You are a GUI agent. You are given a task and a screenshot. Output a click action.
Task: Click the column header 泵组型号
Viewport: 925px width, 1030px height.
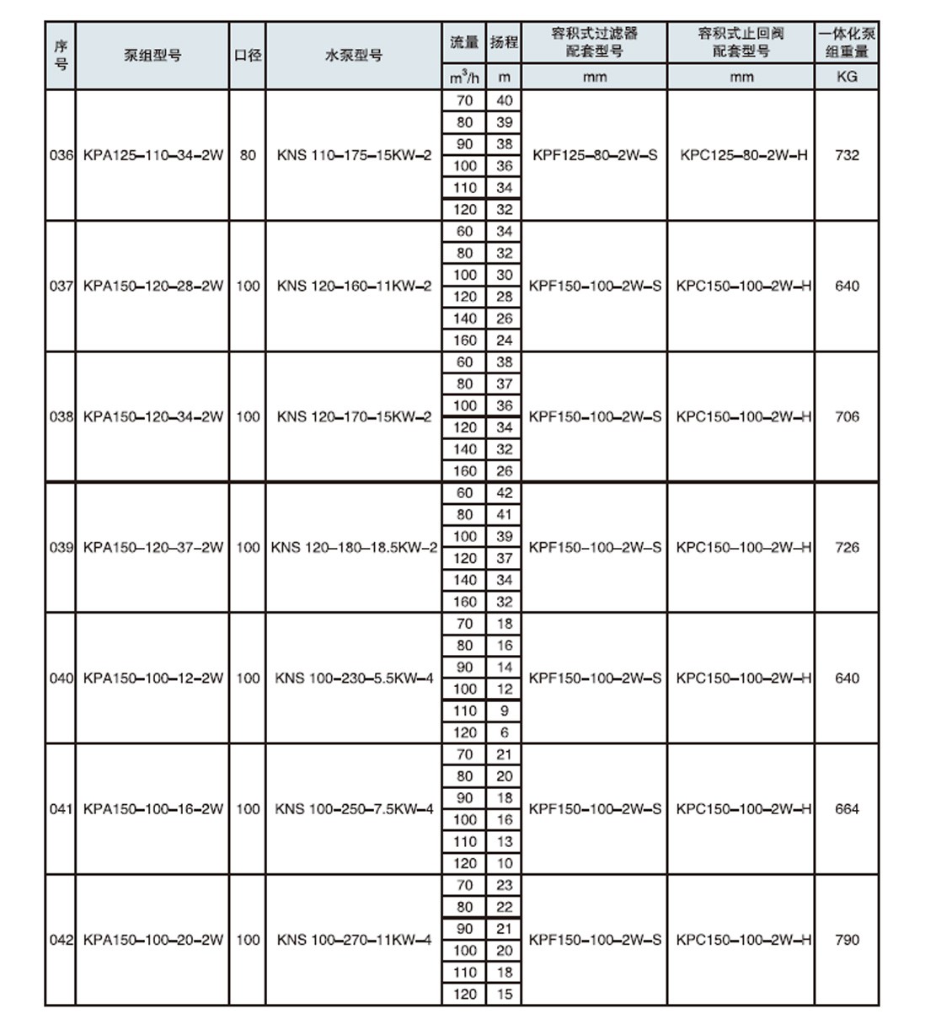point(152,56)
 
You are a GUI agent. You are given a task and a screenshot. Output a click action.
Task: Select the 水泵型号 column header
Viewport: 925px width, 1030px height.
point(354,56)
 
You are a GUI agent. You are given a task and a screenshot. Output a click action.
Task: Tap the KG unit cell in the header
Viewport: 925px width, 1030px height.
point(847,76)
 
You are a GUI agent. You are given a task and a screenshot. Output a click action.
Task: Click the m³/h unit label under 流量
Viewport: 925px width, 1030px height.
point(464,78)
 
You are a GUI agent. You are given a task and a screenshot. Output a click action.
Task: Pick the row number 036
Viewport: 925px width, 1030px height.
point(61,155)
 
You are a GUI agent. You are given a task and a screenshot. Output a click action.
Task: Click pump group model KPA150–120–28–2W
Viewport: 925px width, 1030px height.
point(153,286)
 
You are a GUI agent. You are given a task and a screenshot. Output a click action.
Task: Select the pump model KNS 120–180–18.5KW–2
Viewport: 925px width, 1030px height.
point(354,547)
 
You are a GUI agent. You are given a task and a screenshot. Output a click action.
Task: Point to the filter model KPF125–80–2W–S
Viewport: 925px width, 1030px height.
point(595,155)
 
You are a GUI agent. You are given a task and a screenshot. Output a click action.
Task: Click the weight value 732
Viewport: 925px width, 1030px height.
point(847,155)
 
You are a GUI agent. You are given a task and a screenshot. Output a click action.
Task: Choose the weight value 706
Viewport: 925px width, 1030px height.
point(847,416)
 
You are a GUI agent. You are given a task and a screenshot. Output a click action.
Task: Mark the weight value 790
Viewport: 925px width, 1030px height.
point(847,939)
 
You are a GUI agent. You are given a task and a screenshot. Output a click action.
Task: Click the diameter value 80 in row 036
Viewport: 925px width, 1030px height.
point(248,155)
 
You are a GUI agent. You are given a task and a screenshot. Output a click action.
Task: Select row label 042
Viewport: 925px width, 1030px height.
point(61,939)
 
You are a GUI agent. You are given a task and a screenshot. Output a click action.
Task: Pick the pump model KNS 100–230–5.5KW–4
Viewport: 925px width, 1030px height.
point(354,678)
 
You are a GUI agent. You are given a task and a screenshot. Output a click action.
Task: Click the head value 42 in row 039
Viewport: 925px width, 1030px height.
point(504,493)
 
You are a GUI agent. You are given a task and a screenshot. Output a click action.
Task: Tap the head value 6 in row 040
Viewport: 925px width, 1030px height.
point(504,732)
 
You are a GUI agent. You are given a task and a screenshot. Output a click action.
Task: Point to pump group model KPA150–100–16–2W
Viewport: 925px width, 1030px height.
point(153,808)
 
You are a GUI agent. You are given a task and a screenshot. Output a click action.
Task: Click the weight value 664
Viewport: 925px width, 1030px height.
point(847,808)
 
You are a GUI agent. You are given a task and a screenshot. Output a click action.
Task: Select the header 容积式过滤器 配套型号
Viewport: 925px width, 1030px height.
point(595,42)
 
